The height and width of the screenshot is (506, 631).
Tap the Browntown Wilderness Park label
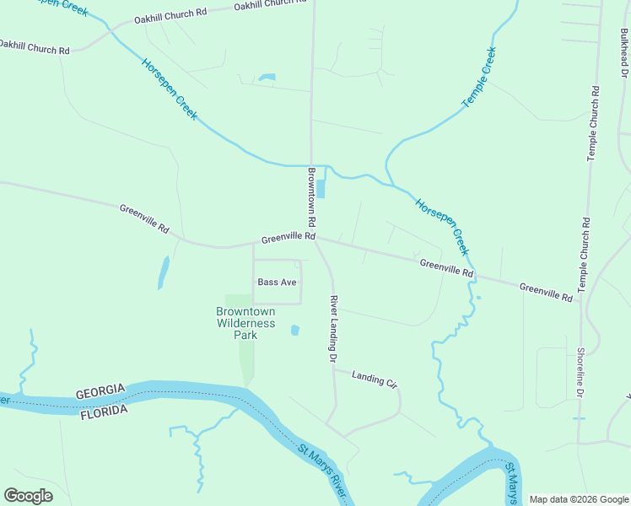[x=245, y=323]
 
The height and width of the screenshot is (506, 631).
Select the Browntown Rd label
[x=311, y=196]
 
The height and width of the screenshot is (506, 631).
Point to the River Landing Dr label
[x=333, y=329]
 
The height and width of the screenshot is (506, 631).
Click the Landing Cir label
[x=374, y=379]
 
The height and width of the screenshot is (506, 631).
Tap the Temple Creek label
[x=479, y=78]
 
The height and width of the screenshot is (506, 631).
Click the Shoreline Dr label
[x=580, y=373]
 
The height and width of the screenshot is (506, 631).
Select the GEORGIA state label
[x=100, y=392]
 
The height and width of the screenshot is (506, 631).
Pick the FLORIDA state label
[x=103, y=411]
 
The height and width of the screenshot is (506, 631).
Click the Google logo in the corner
[x=28, y=496]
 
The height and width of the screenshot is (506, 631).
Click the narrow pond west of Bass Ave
[x=163, y=272]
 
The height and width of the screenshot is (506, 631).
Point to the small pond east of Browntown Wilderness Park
[x=294, y=331]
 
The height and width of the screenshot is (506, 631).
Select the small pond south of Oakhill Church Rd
[x=267, y=78]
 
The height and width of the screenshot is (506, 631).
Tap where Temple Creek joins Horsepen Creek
[x=391, y=183]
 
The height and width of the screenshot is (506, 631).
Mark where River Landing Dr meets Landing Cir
[x=334, y=369]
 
